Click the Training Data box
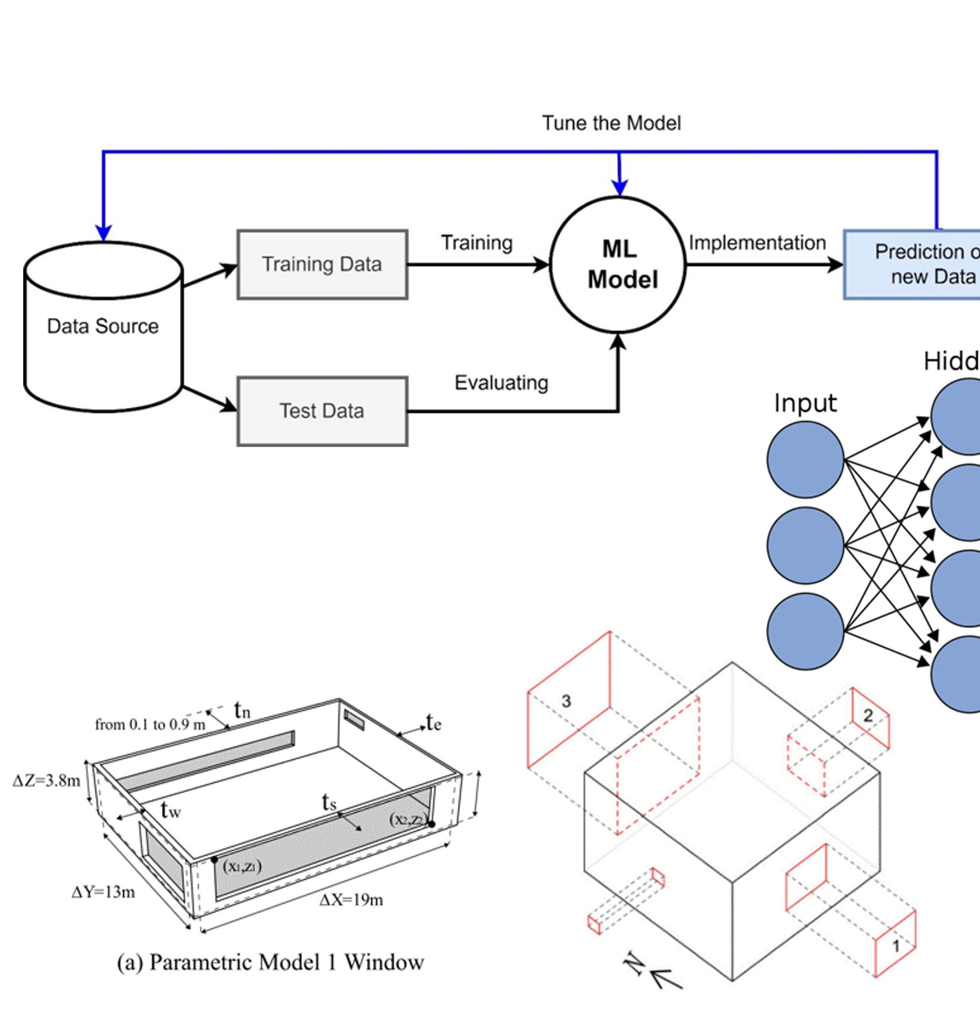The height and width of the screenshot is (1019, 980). pyautogui.click(x=322, y=265)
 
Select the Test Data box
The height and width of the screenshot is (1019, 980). pyautogui.click(x=322, y=411)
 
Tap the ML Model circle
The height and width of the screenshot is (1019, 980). pyautogui.click(x=618, y=265)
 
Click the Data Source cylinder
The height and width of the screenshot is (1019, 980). pyautogui.click(x=104, y=326)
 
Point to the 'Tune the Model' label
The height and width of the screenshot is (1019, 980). pyautogui.click(x=611, y=123)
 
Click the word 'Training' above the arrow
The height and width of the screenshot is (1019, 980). pyautogui.click(x=477, y=243)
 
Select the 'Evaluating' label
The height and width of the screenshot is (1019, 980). pyautogui.click(x=501, y=383)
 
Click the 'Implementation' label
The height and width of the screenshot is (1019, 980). pyautogui.click(x=757, y=243)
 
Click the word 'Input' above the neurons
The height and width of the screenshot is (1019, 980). pyautogui.click(x=805, y=403)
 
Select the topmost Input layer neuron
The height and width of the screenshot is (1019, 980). pyautogui.click(x=805, y=459)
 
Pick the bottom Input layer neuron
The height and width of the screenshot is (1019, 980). pyautogui.click(x=805, y=631)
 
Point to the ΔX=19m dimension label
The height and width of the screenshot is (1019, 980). pyautogui.click(x=351, y=900)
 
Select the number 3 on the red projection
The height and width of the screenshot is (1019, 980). pyautogui.click(x=566, y=701)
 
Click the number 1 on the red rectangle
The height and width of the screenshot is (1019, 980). pyautogui.click(x=896, y=946)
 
